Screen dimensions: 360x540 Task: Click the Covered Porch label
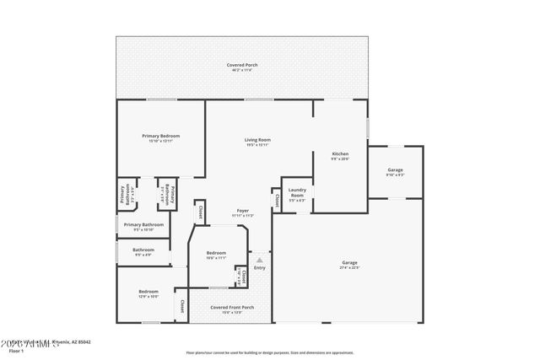pyautogui.click(x=241, y=66)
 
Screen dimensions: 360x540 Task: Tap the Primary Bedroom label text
pyautogui.click(x=160, y=136)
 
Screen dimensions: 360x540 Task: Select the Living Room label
pyautogui.click(x=257, y=140)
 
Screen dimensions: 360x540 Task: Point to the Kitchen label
pyautogui.click(x=340, y=154)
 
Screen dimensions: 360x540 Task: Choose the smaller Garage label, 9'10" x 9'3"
pyautogui.click(x=395, y=170)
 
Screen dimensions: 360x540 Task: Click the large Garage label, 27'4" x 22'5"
pyautogui.click(x=349, y=263)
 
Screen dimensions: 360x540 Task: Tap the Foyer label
pyautogui.click(x=242, y=211)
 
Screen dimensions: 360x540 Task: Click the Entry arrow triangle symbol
pyautogui.click(x=260, y=261)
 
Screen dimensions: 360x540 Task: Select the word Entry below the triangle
pyautogui.click(x=260, y=268)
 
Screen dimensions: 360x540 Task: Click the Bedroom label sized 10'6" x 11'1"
pyautogui.click(x=217, y=253)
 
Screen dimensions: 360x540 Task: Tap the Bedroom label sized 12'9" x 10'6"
pyautogui.click(x=148, y=292)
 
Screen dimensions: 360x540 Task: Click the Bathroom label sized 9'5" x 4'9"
pyautogui.click(x=143, y=250)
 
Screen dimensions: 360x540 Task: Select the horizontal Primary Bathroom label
pyautogui.click(x=143, y=225)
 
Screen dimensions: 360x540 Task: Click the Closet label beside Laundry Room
pyautogui.click(x=277, y=200)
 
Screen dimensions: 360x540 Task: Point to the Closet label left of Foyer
pyautogui.click(x=200, y=212)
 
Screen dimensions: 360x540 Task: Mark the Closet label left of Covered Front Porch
pyautogui.click(x=181, y=304)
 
